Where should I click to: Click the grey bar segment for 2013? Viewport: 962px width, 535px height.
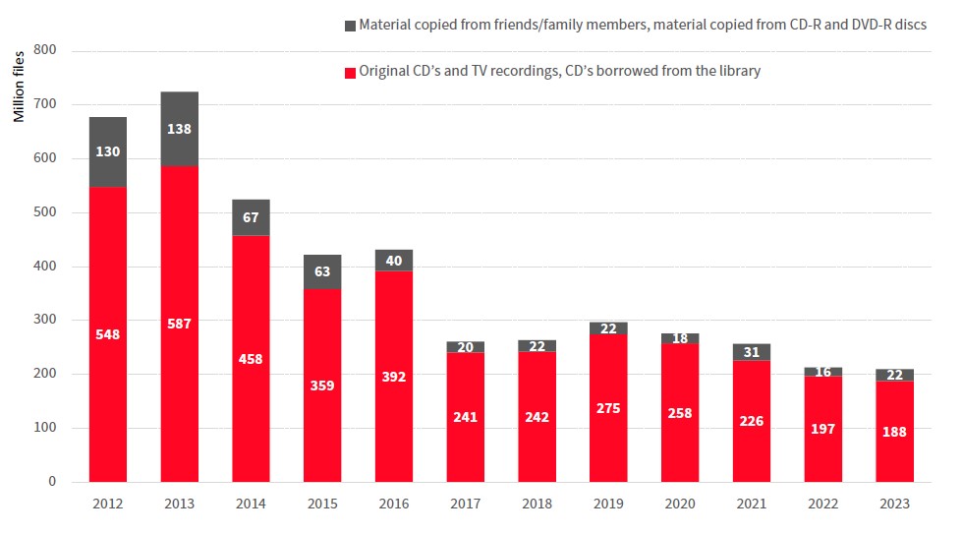(180, 129)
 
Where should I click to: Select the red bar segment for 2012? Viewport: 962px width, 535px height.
(108, 334)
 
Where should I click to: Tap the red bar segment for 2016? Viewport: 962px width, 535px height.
(394, 376)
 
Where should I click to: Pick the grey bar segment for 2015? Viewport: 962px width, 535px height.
(322, 271)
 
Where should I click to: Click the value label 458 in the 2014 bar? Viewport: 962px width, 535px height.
(251, 358)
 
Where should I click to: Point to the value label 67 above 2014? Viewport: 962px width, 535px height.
(251, 216)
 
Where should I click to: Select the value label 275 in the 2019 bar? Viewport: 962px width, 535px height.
(608, 407)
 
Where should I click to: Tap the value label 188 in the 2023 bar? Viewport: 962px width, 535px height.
(894, 431)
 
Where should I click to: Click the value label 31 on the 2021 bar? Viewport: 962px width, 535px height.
(752, 352)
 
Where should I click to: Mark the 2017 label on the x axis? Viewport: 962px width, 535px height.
(465, 504)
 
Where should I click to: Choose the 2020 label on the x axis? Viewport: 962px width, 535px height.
(680, 504)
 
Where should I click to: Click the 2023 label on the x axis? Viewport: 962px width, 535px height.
(894, 504)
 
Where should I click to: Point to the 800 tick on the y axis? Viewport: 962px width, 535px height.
(45, 50)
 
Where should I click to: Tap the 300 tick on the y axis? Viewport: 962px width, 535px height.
(45, 321)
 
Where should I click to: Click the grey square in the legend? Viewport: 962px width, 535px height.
(351, 25)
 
